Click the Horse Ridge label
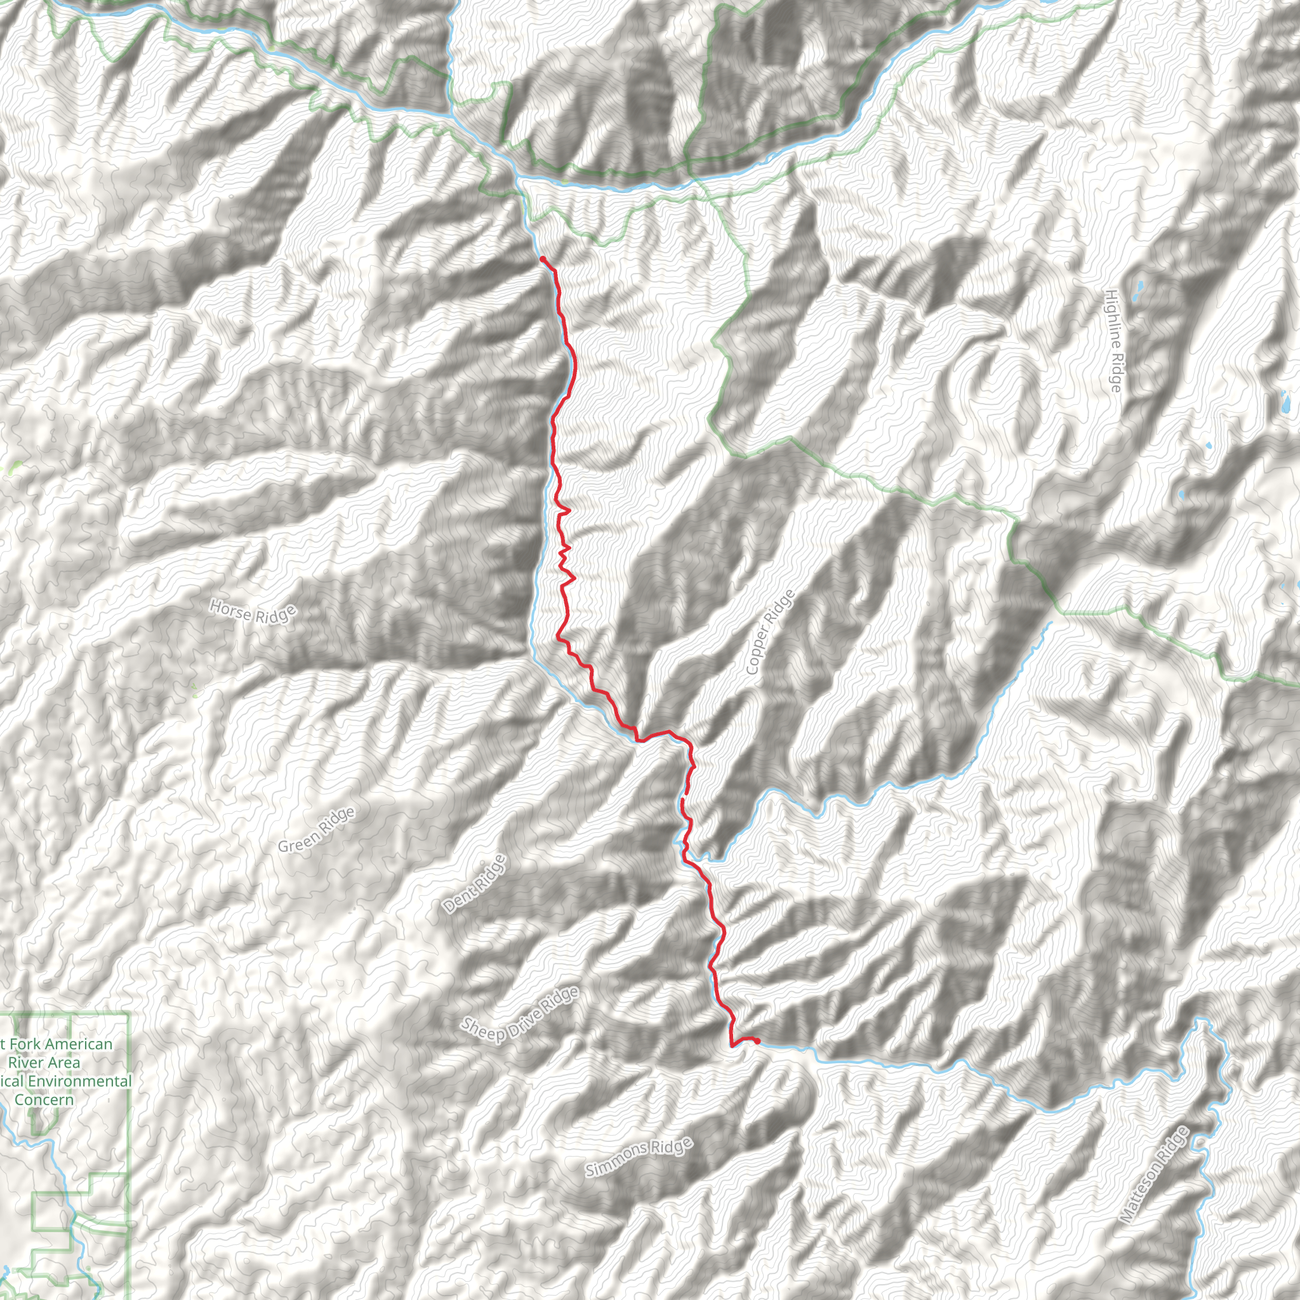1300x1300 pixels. (x=253, y=613)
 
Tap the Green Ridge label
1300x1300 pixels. (x=316, y=830)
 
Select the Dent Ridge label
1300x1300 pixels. (x=474, y=884)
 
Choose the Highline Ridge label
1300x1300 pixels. (x=1113, y=340)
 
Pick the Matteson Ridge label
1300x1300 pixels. (x=1154, y=1174)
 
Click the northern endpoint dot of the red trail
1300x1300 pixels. (x=542, y=259)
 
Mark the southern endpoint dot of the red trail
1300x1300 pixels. (x=758, y=1041)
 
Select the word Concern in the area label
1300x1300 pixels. (x=44, y=1100)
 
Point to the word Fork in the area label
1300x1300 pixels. (x=24, y=1044)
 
